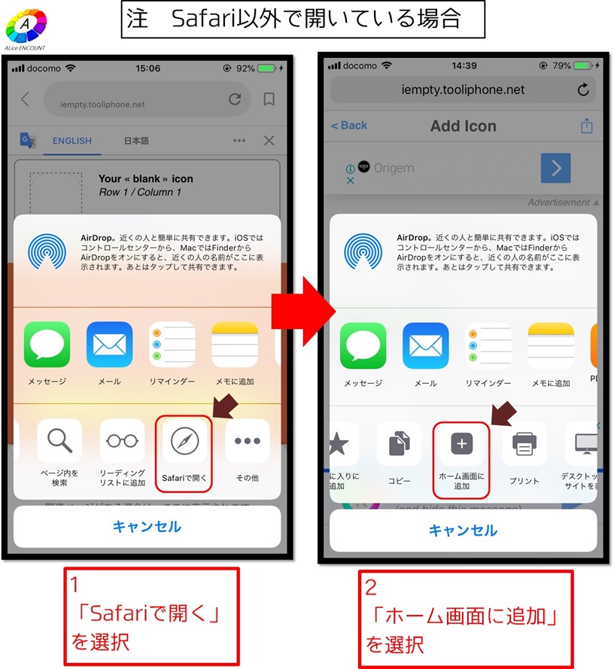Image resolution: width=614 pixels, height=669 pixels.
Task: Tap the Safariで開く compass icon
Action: (x=184, y=442)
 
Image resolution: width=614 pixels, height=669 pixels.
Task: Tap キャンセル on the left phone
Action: (x=147, y=527)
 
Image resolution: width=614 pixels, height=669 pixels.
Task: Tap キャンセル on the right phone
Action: (x=463, y=531)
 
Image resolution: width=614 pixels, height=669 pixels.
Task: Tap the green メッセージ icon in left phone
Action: (x=47, y=345)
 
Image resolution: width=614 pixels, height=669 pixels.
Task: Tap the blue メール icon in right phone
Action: (x=426, y=346)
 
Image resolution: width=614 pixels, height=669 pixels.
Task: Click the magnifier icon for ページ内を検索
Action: (x=59, y=441)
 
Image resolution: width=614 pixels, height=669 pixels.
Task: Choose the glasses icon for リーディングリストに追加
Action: (x=122, y=441)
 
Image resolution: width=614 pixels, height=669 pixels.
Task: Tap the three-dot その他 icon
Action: (x=247, y=441)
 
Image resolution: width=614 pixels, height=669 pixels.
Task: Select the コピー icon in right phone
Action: (x=400, y=445)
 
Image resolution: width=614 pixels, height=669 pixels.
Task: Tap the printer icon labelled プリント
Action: (x=524, y=445)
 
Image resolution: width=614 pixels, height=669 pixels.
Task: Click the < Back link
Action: (x=349, y=126)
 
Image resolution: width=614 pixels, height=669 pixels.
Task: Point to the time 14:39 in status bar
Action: (x=464, y=65)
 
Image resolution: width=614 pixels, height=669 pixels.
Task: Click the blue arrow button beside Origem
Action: (x=555, y=168)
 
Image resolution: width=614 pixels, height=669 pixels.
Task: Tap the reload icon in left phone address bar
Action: (x=235, y=99)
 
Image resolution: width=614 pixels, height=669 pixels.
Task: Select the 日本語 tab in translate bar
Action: (x=136, y=141)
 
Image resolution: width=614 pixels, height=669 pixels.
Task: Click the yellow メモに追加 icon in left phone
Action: (x=234, y=345)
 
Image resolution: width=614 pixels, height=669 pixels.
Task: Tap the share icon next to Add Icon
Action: (x=587, y=126)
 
